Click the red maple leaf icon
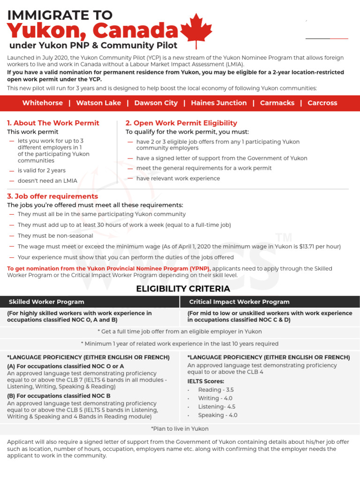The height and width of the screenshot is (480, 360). [196, 30]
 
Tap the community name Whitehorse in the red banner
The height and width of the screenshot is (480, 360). [42, 103]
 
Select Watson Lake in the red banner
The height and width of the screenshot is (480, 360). [98, 103]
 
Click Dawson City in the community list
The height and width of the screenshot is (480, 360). [156, 103]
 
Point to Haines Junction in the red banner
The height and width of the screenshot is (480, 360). [218, 103]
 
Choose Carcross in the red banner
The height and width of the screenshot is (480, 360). [322, 103]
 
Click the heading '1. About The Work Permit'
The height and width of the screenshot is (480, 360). [53, 123]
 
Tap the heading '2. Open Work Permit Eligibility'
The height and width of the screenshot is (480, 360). [181, 123]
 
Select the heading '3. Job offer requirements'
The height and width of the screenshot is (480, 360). [52, 196]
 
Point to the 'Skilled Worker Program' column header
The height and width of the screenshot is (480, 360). [46, 302]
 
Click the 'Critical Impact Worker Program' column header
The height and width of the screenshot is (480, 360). [239, 302]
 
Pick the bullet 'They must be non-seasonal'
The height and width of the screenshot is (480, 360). [55, 236]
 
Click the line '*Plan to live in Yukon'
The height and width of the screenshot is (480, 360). [180, 428]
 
